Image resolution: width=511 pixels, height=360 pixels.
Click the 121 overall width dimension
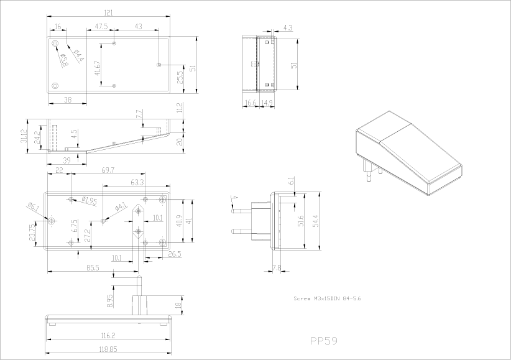[108, 12]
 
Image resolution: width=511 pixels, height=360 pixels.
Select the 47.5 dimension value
[102, 27]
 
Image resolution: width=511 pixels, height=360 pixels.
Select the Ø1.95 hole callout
[90, 200]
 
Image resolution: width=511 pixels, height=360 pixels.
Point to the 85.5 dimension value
[93, 267]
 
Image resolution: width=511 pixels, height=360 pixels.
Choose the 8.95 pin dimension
[110, 300]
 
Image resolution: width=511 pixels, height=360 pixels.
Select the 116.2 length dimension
[108, 336]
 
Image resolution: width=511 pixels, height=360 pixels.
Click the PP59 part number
[323, 341]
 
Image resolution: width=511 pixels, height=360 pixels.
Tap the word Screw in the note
[302, 298]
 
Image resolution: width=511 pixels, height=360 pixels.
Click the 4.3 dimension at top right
[288, 28]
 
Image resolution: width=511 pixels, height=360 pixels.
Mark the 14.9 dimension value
[267, 103]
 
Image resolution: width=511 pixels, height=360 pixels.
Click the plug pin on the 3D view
[368, 173]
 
